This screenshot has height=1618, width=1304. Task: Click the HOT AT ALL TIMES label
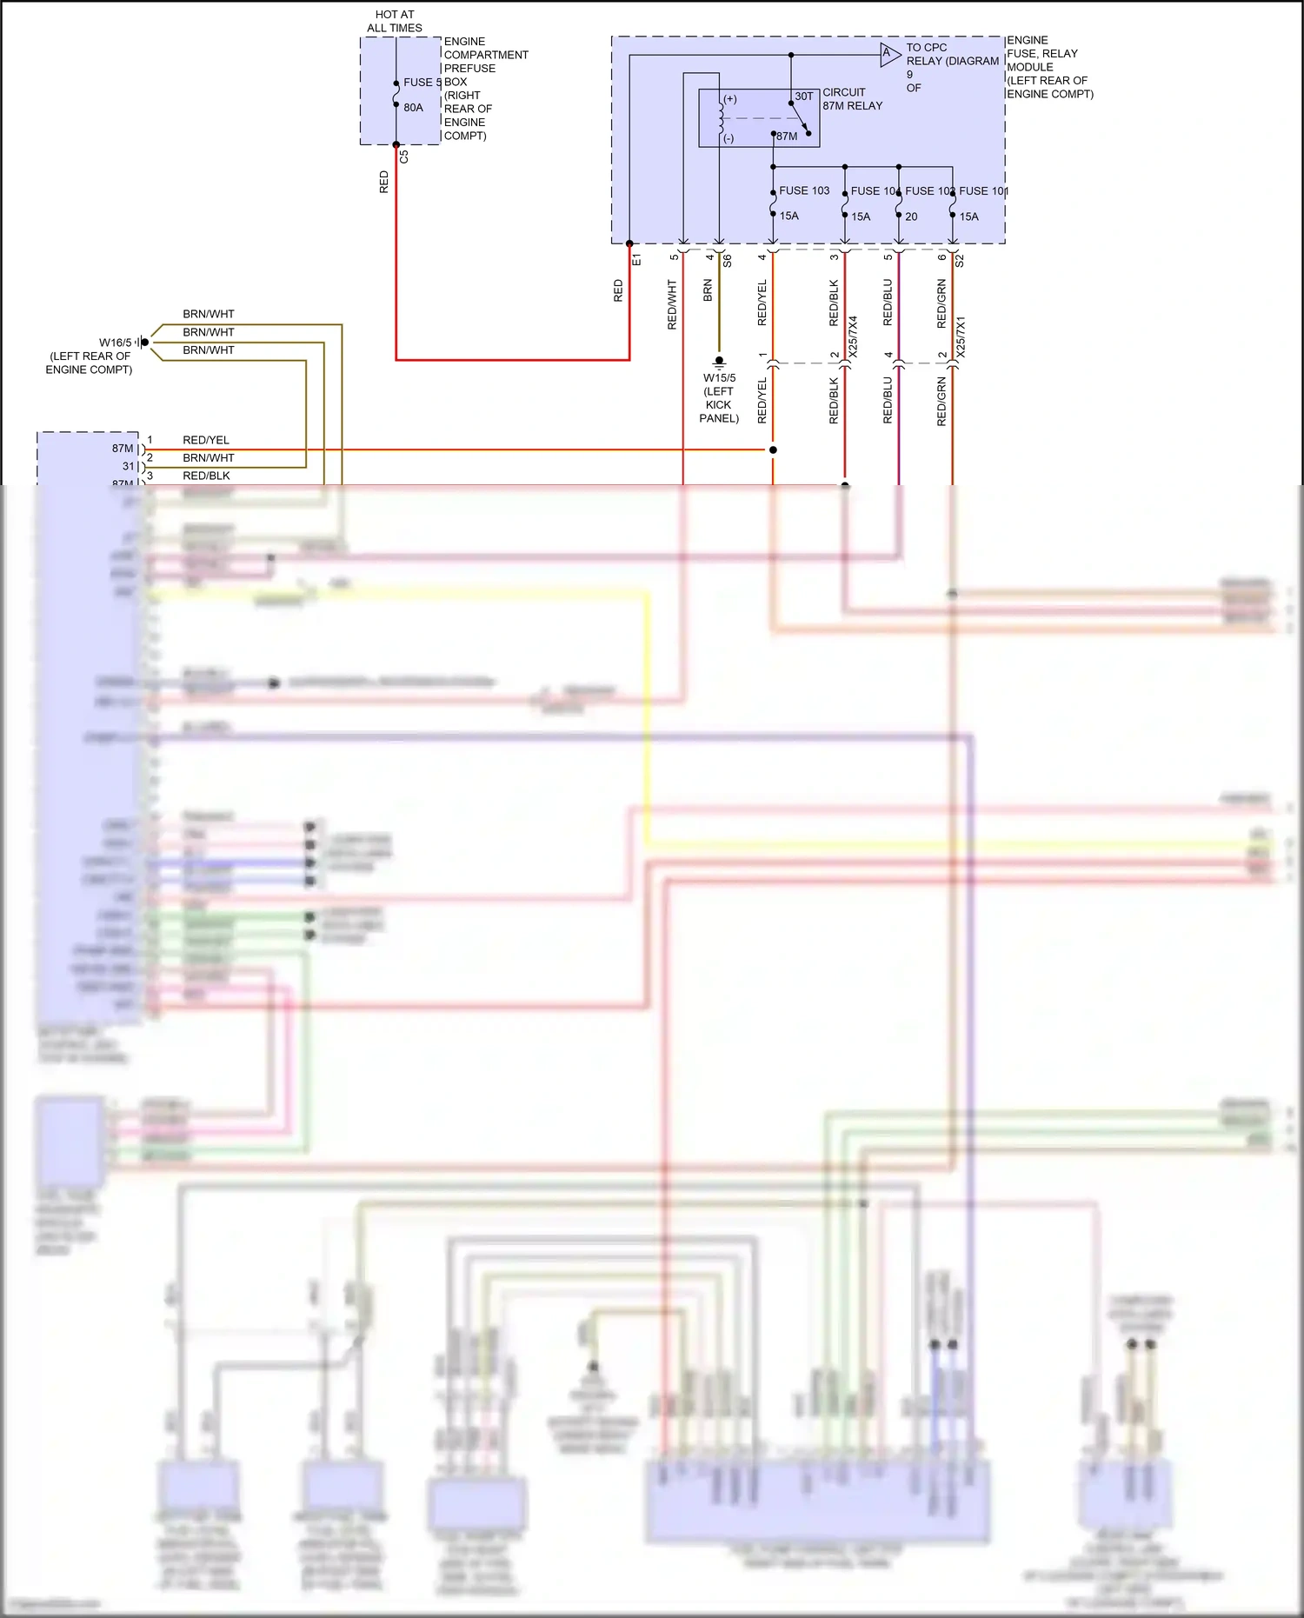(x=395, y=21)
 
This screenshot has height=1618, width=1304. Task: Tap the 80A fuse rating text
(x=413, y=108)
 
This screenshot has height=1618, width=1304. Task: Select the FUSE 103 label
(x=804, y=190)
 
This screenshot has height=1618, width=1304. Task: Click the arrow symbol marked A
(x=888, y=54)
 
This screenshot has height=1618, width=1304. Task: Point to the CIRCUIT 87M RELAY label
(x=852, y=98)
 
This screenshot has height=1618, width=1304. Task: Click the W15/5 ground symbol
(x=719, y=361)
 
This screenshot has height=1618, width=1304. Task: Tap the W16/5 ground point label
(x=115, y=343)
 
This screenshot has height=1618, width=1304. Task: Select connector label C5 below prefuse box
(x=403, y=157)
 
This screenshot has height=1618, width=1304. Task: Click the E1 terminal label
(x=636, y=259)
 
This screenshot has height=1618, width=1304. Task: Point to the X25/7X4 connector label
(x=853, y=336)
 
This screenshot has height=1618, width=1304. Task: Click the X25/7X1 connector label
(x=961, y=336)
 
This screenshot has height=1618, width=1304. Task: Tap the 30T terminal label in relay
(x=804, y=97)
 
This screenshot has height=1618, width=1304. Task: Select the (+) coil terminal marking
(x=730, y=99)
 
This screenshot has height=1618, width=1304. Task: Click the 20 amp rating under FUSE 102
(x=911, y=216)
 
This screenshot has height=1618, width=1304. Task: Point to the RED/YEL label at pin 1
(x=206, y=440)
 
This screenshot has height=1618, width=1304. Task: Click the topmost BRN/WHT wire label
(x=209, y=314)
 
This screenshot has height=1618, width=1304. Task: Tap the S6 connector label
(x=728, y=259)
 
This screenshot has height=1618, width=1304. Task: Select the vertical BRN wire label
(x=708, y=290)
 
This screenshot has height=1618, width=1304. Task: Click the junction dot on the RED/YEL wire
(x=773, y=449)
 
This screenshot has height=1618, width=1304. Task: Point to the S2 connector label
(x=960, y=259)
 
